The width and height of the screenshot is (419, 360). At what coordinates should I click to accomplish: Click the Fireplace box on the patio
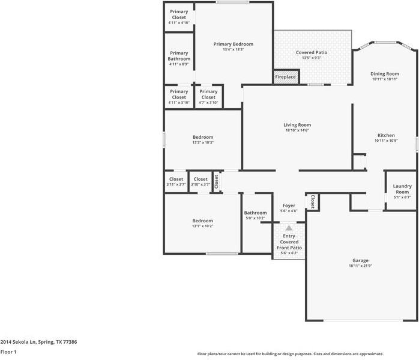coord(285,77)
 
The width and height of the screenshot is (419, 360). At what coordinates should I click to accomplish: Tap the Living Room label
coord(297,125)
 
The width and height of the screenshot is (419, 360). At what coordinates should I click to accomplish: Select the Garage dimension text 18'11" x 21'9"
coord(360,266)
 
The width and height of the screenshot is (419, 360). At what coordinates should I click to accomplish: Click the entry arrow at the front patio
coord(289,228)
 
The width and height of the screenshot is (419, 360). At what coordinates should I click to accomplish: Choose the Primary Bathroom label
coord(179,56)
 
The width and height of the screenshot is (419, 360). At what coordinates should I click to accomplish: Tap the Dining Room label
coord(385,74)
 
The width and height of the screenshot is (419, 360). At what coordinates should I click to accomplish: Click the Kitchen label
coord(385,135)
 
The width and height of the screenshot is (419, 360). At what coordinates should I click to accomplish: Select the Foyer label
coord(289,206)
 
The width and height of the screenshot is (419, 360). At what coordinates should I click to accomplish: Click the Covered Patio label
coord(312,53)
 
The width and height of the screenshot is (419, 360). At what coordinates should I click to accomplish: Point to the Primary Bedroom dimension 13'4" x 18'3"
coord(234,49)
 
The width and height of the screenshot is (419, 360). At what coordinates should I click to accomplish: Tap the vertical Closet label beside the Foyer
coord(313,202)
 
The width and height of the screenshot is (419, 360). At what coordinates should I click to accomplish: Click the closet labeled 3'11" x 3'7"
coord(176,182)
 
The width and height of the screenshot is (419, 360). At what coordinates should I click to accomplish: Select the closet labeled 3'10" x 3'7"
coord(200,182)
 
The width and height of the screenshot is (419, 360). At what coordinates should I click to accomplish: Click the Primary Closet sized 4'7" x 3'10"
coord(208,97)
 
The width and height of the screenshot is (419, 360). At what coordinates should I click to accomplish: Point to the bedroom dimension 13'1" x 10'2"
coord(202,226)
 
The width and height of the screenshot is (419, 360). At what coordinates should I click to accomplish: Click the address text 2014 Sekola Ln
coord(38,342)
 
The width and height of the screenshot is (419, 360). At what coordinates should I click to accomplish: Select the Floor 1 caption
coord(8,352)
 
